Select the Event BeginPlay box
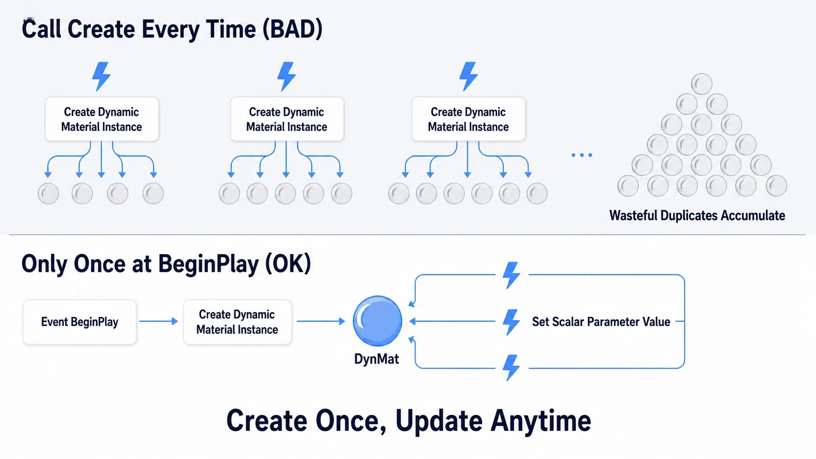click(80, 322)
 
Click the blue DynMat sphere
click(377, 320)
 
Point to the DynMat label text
click(376, 359)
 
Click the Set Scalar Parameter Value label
click(601, 322)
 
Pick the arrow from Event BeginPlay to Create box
click(159, 321)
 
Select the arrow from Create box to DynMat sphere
click(321, 321)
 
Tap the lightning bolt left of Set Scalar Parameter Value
click(511, 322)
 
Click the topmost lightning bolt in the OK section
click(511, 275)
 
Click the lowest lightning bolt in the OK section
click(511, 368)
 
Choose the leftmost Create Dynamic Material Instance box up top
click(102, 119)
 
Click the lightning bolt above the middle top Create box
click(286, 76)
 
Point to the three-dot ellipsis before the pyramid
click(582, 155)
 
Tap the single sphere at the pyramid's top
click(702, 84)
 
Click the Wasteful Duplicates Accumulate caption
click(697, 216)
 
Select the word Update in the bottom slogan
click(439, 421)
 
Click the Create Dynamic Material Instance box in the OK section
click(238, 322)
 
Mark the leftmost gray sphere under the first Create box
click(48, 193)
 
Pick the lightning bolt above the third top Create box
click(468, 76)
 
